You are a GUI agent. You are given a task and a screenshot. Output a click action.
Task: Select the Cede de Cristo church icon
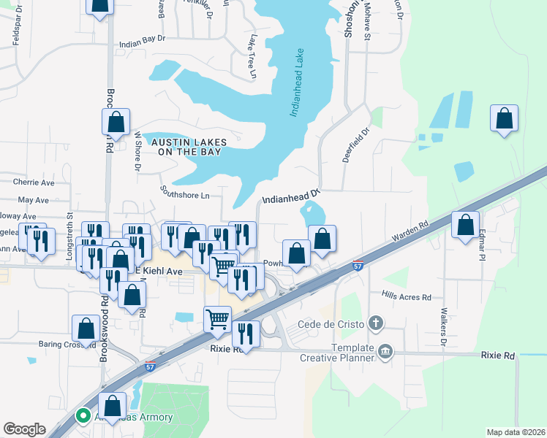click(x=376, y=323)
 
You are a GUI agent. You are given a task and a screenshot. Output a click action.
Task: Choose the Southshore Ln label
click(x=185, y=194)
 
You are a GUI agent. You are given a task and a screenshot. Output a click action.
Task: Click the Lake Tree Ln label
click(x=252, y=56)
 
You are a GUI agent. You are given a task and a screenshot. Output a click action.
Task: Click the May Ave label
click(x=33, y=199)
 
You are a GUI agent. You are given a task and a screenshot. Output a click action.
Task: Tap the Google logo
click(x=24, y=429)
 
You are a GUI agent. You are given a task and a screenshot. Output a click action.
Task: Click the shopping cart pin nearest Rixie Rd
click(x=217, y=319)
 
